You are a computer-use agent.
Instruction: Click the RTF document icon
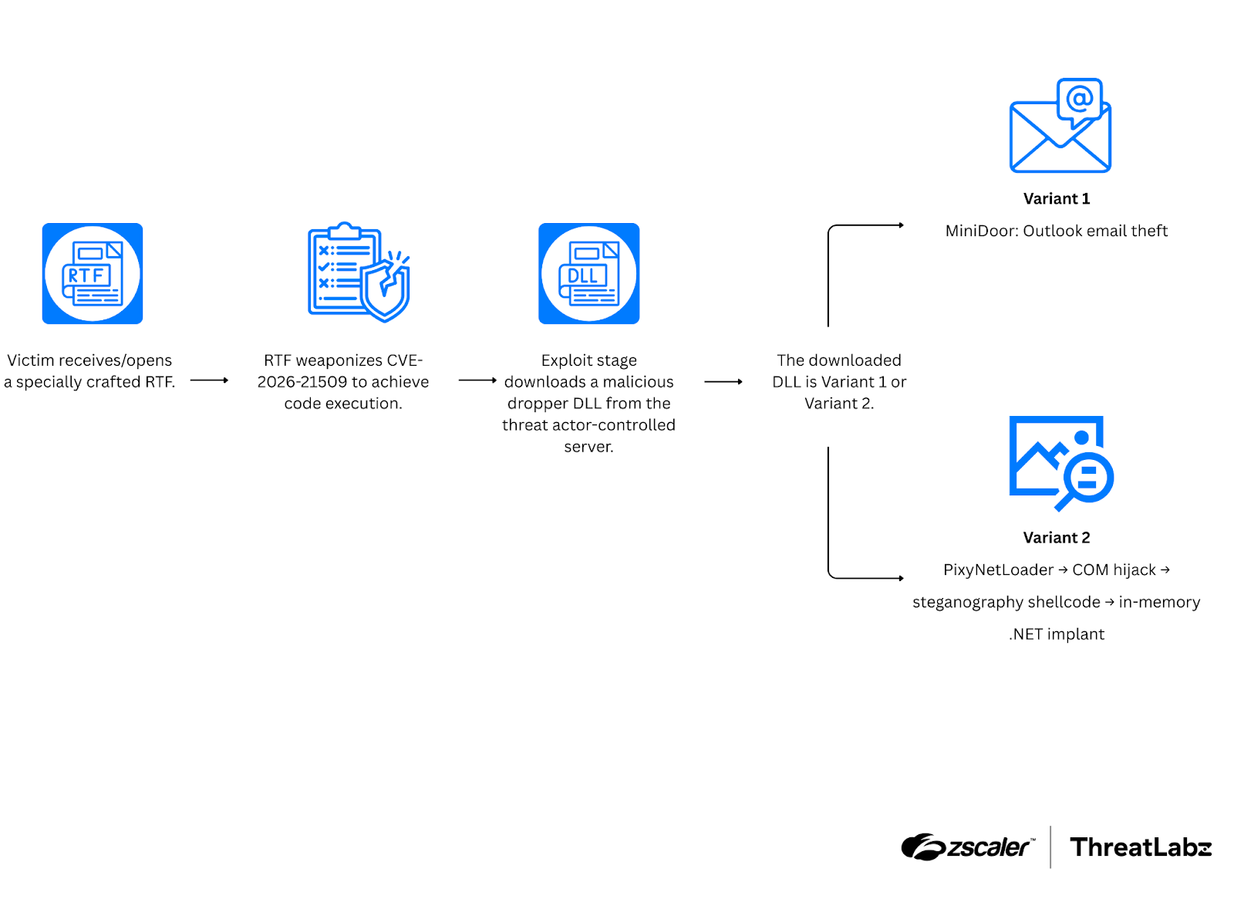coord(93,273)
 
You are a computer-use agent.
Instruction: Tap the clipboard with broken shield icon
coord(359,272)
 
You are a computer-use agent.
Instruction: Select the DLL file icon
coord(588,273)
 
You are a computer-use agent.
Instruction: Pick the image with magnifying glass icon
coord(1061,462)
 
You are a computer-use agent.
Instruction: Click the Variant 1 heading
coord(1057,198)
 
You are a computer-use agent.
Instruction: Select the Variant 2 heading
coord(1057,537)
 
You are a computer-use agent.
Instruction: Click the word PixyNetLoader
coord(998,570)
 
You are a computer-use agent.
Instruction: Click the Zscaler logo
coord(968,847)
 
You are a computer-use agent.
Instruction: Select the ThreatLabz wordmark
coord(1141,847)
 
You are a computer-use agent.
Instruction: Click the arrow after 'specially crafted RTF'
coord(209,380)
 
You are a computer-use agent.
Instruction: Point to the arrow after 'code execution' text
coord(477,380)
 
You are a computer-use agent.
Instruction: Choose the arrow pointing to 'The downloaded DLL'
coord(723,381)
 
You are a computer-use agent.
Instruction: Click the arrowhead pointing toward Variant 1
coord(900,225)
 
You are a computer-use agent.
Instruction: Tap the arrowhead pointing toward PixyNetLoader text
coord(900,578)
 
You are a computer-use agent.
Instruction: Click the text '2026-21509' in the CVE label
coord(301,382)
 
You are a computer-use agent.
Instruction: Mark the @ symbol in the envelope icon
coord(1080,99)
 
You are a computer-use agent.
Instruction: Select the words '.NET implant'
coord(1057,634)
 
